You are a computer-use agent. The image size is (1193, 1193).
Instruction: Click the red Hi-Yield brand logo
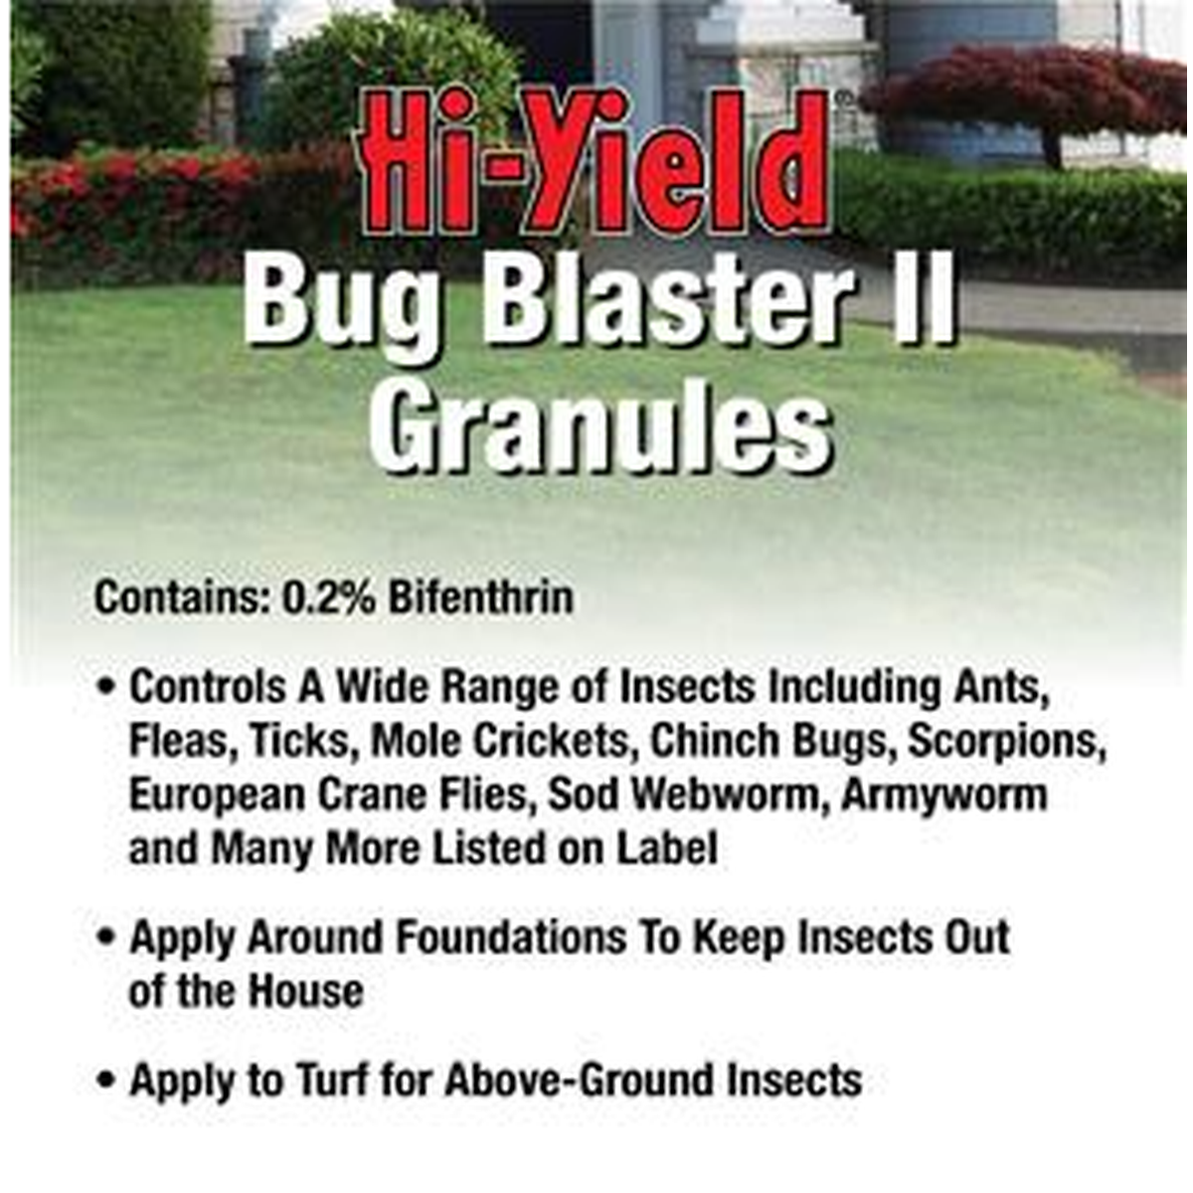595,163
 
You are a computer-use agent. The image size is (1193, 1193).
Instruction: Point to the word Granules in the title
599,428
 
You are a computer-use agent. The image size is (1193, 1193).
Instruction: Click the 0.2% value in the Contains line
329,598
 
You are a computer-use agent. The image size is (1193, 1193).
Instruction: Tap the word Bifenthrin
481,598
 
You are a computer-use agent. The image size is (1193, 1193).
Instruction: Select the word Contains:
182,598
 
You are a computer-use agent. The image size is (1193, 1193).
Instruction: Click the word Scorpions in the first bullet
1007,741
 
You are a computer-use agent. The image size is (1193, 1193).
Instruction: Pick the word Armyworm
944,796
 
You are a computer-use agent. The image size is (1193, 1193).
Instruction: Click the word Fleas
183,742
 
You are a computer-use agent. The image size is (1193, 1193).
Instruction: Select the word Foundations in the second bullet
511,937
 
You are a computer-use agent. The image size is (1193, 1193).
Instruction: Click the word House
306,992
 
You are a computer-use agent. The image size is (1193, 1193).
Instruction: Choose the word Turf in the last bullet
334,1081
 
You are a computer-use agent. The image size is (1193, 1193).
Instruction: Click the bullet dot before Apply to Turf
106,1081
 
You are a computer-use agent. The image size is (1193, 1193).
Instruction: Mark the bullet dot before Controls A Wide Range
106,687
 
